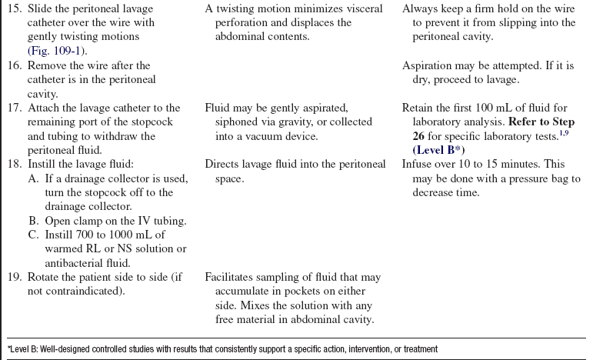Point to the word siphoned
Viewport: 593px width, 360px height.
(x=228, y=122)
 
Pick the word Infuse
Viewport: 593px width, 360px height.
(x=419, y=164)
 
